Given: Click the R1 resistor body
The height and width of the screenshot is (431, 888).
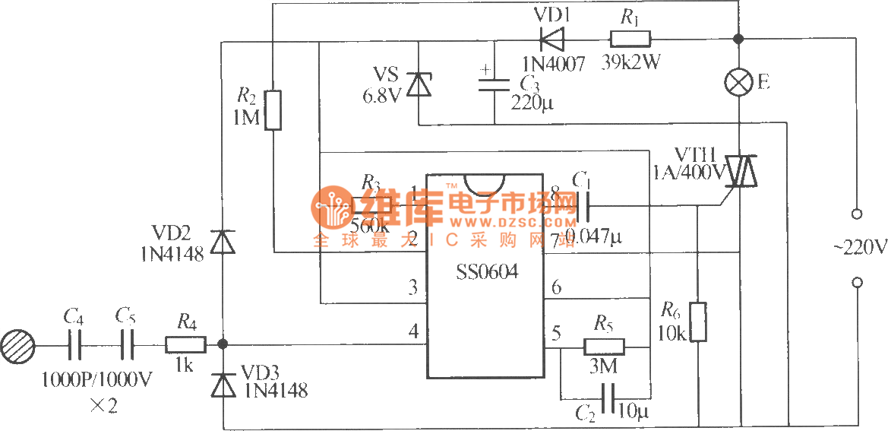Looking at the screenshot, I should [630, 38].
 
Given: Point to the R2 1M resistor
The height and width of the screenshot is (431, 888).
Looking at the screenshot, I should [273, 109].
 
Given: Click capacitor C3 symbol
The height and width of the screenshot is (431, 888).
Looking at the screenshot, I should [494, 83].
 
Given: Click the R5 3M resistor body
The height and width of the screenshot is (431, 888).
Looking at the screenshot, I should [604, 347].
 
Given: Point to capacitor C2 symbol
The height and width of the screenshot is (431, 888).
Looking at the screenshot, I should [606, 398].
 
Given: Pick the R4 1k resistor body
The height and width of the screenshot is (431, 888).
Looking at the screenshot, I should [186, 346].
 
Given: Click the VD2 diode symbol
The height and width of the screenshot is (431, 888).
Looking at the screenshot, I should [222, 242].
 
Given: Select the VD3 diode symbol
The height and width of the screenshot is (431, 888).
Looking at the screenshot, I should [222, 385].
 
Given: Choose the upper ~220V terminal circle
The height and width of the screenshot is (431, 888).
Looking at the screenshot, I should [858, 214].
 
